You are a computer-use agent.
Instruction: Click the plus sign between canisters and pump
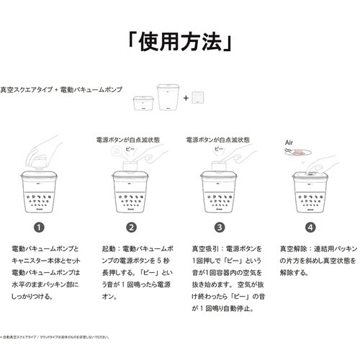(186, 97)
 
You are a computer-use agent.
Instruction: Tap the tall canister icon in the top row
(168, 97)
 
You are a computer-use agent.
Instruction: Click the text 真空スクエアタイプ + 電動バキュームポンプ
(62, 89)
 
